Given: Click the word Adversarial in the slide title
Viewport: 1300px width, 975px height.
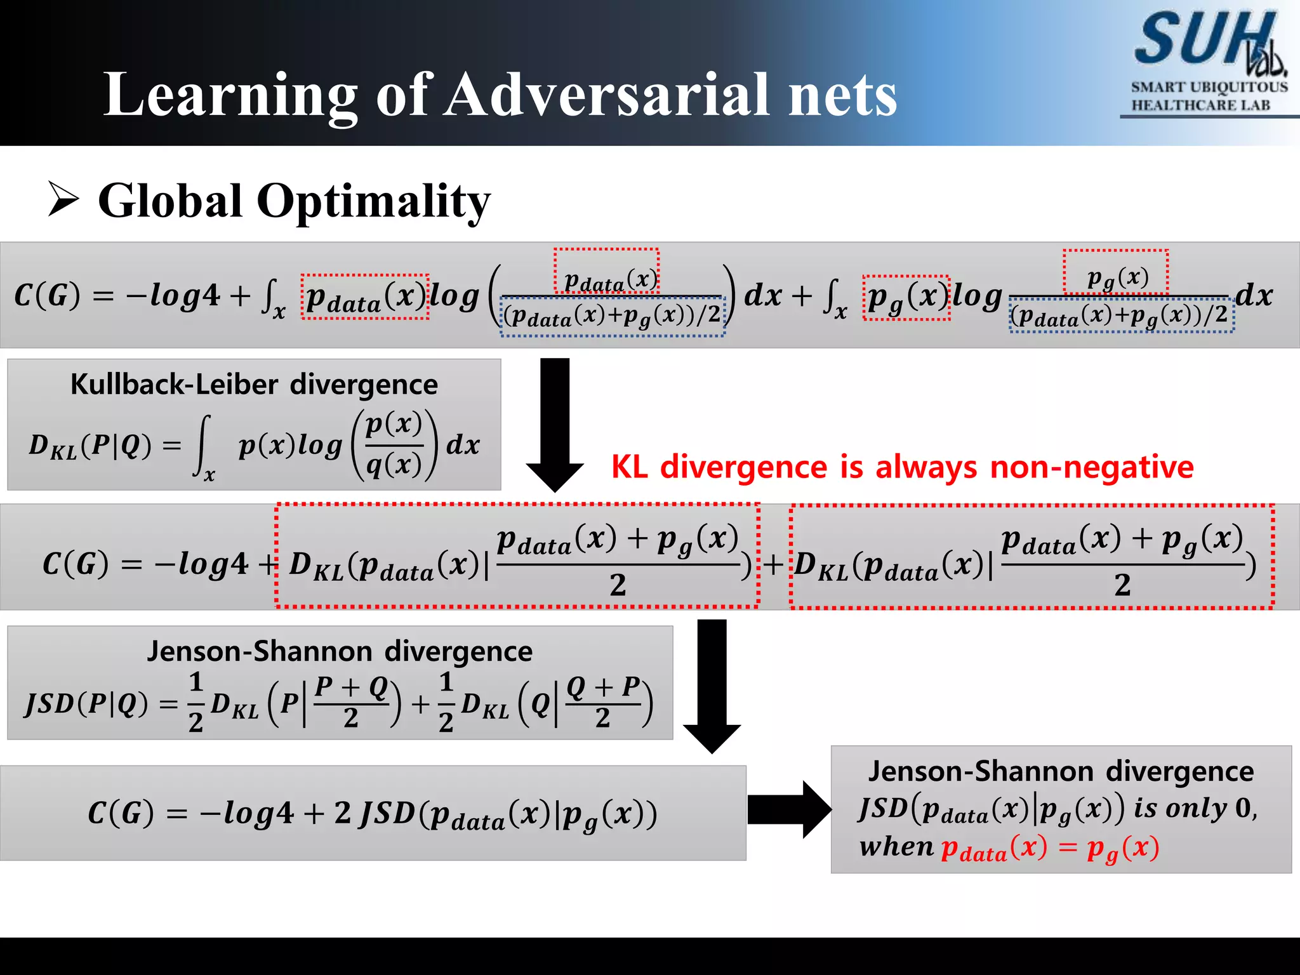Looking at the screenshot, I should pyautogui.click(x=606, y=95).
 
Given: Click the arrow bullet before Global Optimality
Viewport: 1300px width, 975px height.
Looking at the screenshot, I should pyautogui.click(x=63, y=199).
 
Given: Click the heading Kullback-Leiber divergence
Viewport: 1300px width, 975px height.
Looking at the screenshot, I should pyautogui.click(x=254, y=385).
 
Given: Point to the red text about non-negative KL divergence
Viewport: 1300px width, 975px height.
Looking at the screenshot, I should pyautogui.click(x=902, y=467).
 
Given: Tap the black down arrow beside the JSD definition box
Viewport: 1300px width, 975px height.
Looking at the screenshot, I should pyautogui.click(x=712, y=686).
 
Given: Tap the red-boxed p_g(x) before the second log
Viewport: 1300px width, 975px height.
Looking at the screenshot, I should pyautogui.click(x=906, y=298).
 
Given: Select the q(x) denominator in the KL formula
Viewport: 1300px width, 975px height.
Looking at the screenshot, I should pyautogui.click(x=394, y=466).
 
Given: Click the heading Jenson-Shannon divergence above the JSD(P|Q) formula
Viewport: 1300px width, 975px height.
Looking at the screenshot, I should pyautogui.click(x=340, y=652).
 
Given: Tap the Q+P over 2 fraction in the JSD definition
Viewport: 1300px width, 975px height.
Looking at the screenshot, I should pyautogui.click(x=602, y=702).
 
